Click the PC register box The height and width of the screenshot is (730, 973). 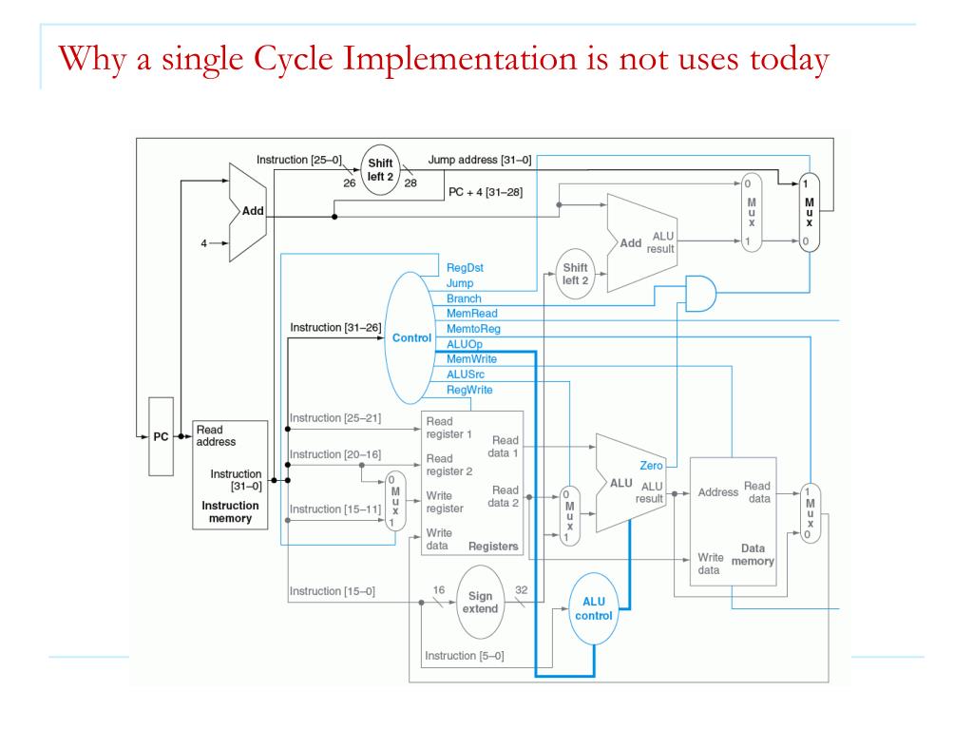click(x=161, y=437)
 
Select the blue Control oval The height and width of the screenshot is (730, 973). click(x=411, y=337)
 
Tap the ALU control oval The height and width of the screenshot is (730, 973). click(x=595, y=608)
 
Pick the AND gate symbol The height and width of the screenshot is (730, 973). click(x=701, y=296)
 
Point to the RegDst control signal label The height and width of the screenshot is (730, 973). click(x=465, y=268)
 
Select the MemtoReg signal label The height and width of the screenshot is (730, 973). click(x=473, y=329)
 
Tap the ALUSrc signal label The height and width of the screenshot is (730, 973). click(x=466, y=375)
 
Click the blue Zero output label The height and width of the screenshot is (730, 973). click(x=652, y=465)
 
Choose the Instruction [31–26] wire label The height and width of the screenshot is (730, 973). click(x=334, y=328)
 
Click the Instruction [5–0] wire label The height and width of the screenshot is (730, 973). click(x=465, y=656)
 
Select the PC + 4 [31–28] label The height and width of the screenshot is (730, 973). click(x=485, y=193)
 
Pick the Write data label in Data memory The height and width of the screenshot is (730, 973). click(x=709, y=563)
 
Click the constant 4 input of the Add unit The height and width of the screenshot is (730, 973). click(x=202, y=243)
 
